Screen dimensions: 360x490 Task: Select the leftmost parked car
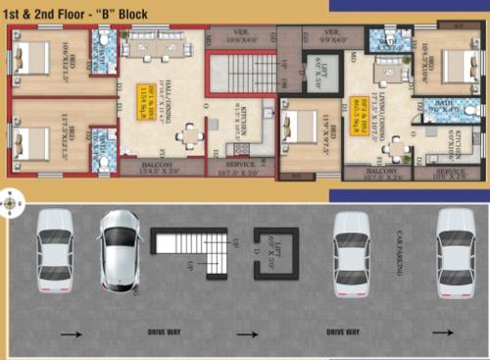(x=54, y=250)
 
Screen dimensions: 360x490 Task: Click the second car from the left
(x=121, y=250)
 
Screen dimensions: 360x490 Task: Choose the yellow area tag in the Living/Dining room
(x=359, y=109)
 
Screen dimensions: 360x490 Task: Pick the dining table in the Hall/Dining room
(x=188, y=136)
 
